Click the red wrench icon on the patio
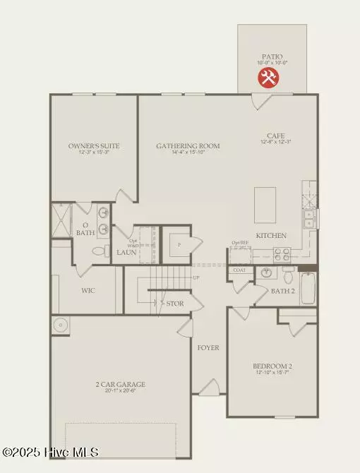(x=268, y=78)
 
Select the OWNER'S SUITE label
(x=94, y=146)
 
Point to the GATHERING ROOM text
(x=188, y=146)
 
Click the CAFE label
(x=275, y=136)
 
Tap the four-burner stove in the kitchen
(x=282, y=254)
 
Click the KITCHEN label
(x=271, y=235)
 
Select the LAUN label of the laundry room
(x=126, y=251)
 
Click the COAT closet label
(x=239, y=270)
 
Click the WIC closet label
(x=88, y=290)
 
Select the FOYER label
(x=208, y=347)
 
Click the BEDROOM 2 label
(x=272, y=366)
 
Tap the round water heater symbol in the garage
(x=59, y=325)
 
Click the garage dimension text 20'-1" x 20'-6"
(x=121, y=391)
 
